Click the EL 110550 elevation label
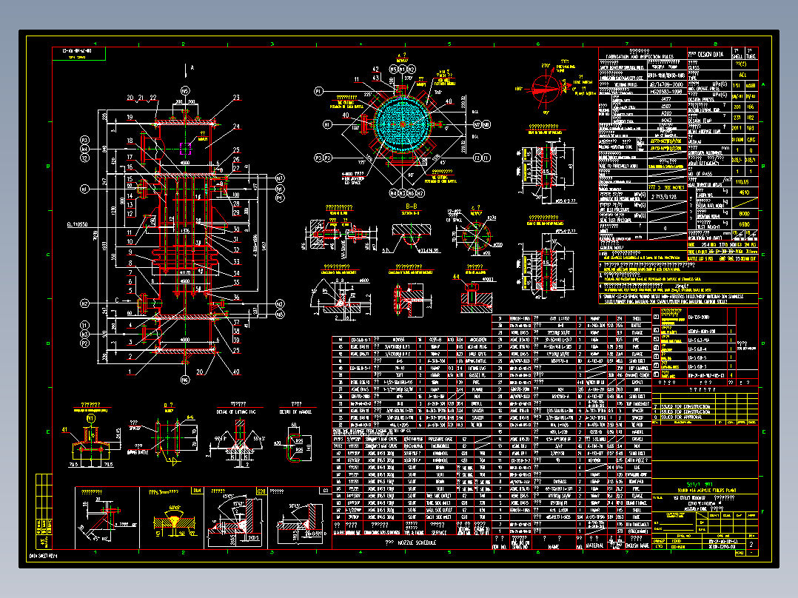[78, 224]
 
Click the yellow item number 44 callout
[457, 276]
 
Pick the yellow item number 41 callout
[64, 429]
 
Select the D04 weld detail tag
[197, 491]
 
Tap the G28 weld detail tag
[261, 491]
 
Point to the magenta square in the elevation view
[185, 149]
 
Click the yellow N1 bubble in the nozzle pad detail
[91, 418]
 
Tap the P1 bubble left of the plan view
[318, 91]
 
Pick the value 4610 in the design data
[745, 192]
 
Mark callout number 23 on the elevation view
[236, 98]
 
